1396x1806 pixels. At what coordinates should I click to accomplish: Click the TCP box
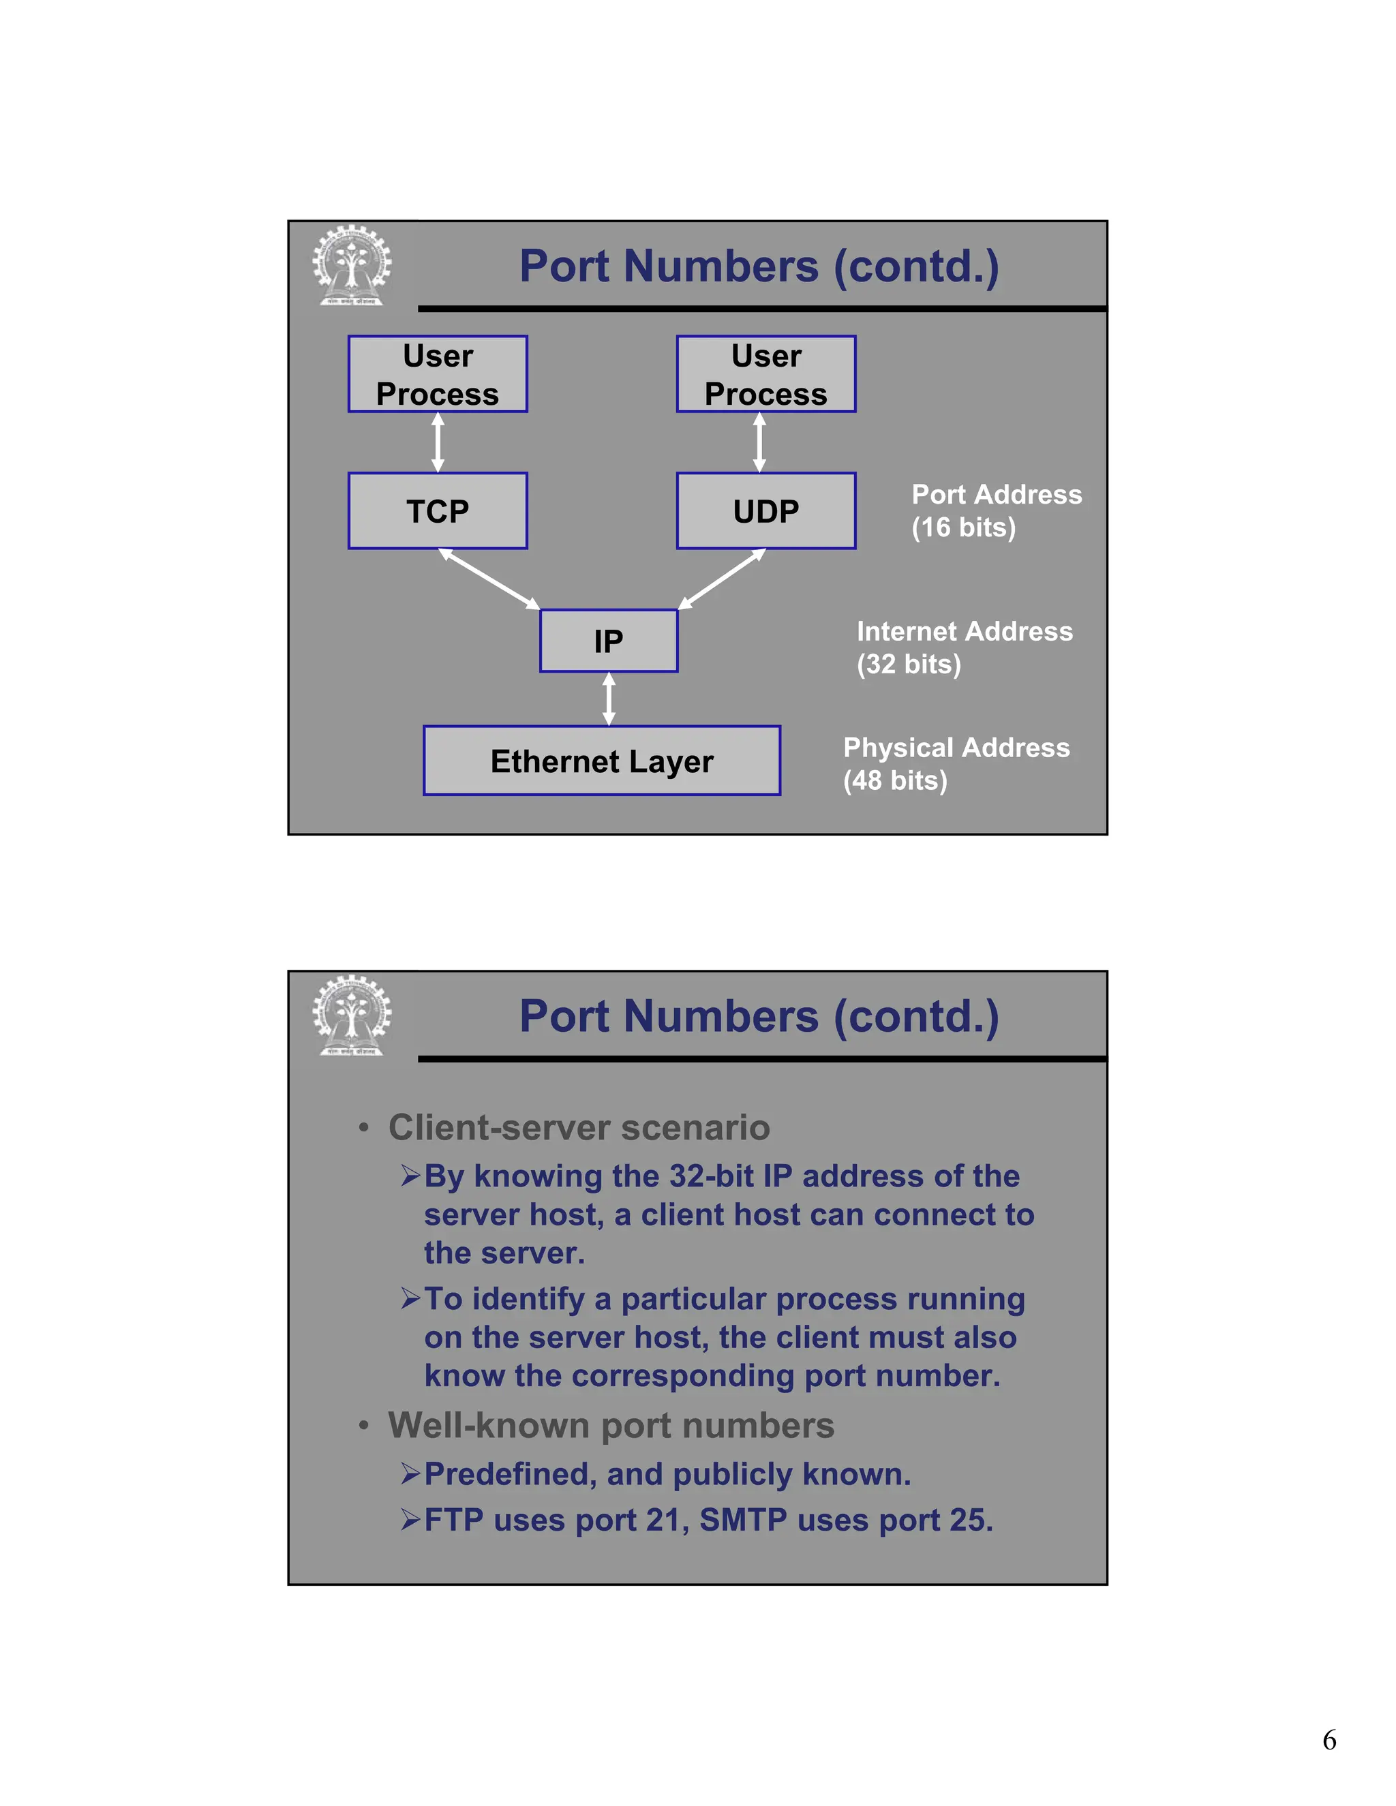click(x=438, y=511)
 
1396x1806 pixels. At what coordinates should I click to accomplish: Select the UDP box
click(x=765, y=511)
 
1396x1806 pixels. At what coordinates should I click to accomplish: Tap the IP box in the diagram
click(x=608, y=641)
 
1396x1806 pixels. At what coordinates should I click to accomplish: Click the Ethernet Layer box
click(x=601, y=761)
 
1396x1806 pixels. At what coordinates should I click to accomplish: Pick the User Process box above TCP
click(x=438, y=373)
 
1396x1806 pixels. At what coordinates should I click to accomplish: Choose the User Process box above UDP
click(x=765, y=373)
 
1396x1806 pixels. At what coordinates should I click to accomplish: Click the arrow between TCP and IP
click(x=489, y=579)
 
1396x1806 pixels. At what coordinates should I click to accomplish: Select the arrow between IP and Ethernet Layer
click(x=609, y=699)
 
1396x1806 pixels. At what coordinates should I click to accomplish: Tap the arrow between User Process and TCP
click(x=438, y=442)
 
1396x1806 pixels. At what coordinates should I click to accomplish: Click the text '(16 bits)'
click(x=963, y=527)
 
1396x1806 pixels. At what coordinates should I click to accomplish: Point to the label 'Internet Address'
click(x=965, y=631)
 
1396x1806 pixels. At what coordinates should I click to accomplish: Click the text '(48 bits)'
click(x=895, y=780)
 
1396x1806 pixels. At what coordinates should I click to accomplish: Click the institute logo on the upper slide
click(x=352, y=265)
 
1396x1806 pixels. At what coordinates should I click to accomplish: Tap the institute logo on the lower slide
click(x=352, y=1015)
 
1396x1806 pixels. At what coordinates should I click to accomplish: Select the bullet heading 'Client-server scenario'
click(x=579, y=1128)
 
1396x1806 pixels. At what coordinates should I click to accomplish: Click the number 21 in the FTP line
click(x=663, y=1520)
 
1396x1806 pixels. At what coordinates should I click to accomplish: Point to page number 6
click(x=1329, y=1741)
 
